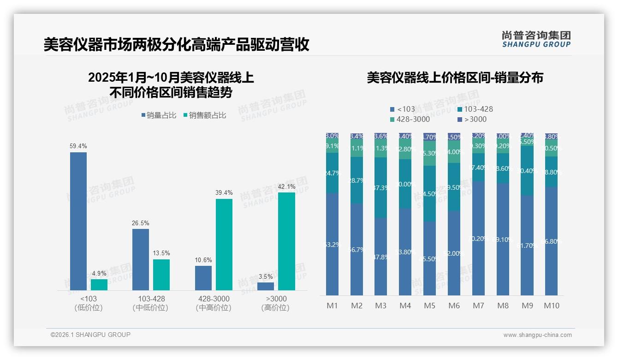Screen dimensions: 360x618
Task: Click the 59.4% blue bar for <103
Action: click(x=78, y=221)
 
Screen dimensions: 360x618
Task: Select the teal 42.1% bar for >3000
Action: click(x=286, y=241)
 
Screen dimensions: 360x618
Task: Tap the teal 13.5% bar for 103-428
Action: click(x=161, y=275)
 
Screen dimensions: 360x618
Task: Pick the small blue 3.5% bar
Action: click(x=266, y=286)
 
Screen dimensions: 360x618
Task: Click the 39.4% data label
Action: click(x=224, y=192)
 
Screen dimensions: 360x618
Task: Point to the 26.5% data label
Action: click(x=141, y=223)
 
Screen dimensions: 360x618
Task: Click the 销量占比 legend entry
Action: click(x=159, y=115)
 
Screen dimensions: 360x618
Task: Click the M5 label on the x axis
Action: click(x=430, y=306)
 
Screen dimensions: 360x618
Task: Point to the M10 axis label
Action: click(x=552, y=306)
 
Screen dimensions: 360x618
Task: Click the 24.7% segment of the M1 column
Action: click(x=333, y=173)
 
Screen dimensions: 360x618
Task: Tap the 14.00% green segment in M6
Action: click(x=454, y=152)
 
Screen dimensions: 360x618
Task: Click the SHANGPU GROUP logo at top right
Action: click(x=536, y=39)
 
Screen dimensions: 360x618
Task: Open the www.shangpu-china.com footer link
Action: click(x=537, y=335)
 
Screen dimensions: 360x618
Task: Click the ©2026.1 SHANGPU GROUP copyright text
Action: click(x=90, y=335)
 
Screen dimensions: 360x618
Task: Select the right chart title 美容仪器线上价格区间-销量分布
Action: click(x=455, y=78)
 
